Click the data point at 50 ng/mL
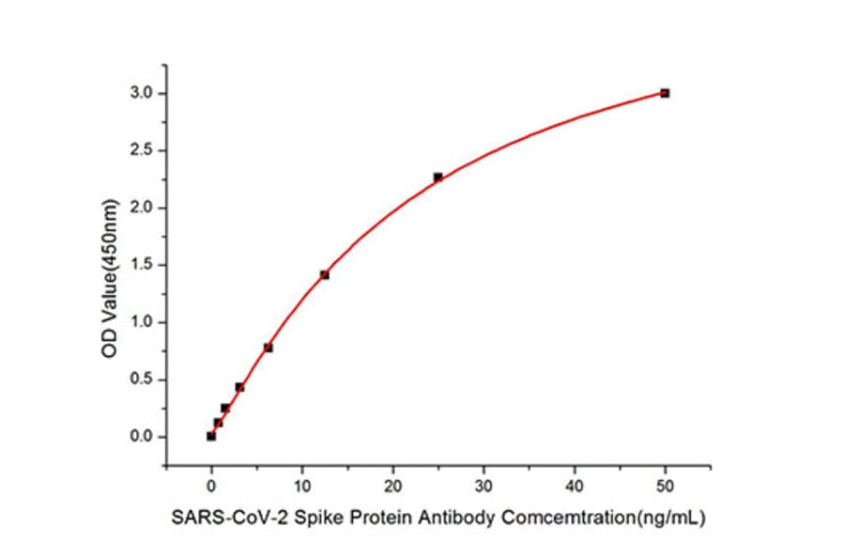[x=665, y=93]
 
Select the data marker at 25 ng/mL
[x=438, y=177]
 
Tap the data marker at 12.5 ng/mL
[x=325, y=274]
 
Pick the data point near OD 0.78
[x=269, y=348]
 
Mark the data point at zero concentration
[x=211, y=436]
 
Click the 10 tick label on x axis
[x=302, y=486]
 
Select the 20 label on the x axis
[x=392, y=486]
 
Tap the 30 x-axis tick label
[x=484, y=486]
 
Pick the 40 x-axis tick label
[x=575, y=486]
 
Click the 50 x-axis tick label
[x=665, y=486]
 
